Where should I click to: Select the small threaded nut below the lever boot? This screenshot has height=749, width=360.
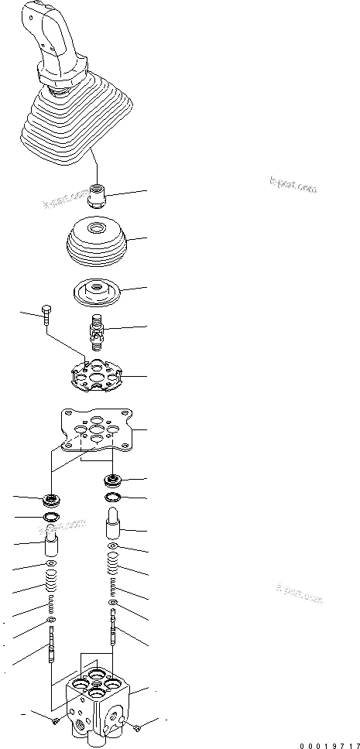point(98,193)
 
